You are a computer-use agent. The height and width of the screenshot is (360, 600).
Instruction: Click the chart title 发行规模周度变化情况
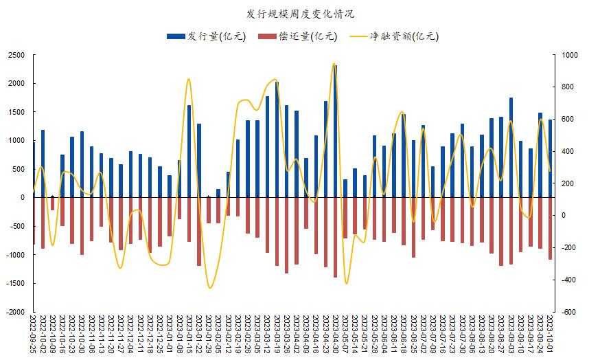point(301,14)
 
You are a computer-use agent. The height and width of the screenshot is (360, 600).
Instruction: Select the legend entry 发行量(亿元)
point(207,36)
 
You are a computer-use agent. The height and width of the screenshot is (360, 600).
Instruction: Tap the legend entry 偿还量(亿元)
point(298,36)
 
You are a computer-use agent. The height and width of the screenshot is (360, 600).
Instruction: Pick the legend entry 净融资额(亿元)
point(394,36)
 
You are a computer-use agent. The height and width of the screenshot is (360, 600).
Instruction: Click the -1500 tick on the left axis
point(15,284)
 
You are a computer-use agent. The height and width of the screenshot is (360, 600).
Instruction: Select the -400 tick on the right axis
point(568,280)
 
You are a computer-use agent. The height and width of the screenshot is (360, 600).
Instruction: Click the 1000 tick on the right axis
point(570,55)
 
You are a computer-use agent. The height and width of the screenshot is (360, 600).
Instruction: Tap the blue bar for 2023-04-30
point(335,131)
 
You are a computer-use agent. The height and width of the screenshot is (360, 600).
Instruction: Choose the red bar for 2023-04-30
point(335,238)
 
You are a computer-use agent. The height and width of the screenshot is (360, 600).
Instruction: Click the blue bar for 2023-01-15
point(189,151)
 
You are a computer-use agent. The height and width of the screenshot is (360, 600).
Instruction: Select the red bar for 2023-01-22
point(199,232)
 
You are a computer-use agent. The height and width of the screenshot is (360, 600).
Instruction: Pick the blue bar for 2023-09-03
point(511,148)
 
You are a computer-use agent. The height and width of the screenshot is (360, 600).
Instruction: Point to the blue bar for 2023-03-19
point(277,139)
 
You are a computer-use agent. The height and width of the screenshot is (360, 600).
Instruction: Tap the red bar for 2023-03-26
point(286,235)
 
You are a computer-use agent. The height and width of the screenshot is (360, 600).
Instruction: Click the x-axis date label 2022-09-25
point(32,334)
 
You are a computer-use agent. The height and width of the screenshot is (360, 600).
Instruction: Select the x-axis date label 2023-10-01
point(550,334)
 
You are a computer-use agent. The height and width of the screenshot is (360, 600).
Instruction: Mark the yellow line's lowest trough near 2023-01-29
point(209,288)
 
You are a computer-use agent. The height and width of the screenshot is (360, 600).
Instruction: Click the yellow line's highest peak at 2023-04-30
point(334,64)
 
